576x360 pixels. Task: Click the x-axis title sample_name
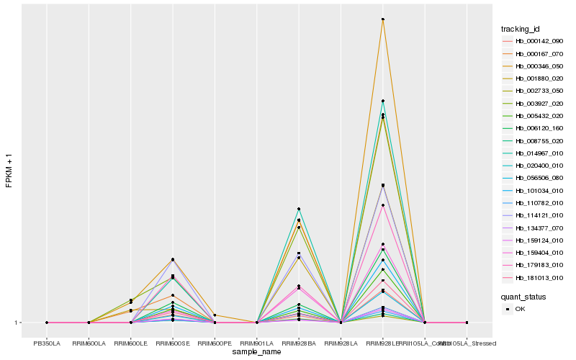click(x=257, y=352)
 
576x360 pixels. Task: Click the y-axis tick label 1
click(x=17, y=323)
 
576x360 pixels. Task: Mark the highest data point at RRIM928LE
click(x=383, y=19)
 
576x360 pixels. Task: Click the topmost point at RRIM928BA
click(x=299, y=209)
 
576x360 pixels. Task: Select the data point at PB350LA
click(x=47, y=323)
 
